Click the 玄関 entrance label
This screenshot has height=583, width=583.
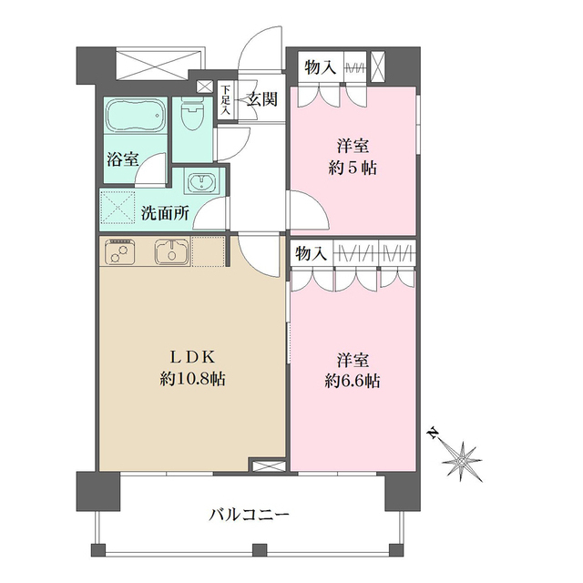pos(262,99)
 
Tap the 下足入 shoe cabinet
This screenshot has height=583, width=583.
pos(225,99)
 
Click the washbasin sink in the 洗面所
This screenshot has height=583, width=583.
pos(199,182)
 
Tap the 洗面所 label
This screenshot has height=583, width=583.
pos(165,215)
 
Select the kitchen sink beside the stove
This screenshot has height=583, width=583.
pos(169,251)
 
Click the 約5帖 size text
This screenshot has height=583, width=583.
pos(354,167)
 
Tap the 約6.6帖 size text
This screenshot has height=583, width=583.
pos(354,381)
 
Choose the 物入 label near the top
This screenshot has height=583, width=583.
pos(321,67)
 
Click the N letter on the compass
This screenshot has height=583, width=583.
pos(432,433)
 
